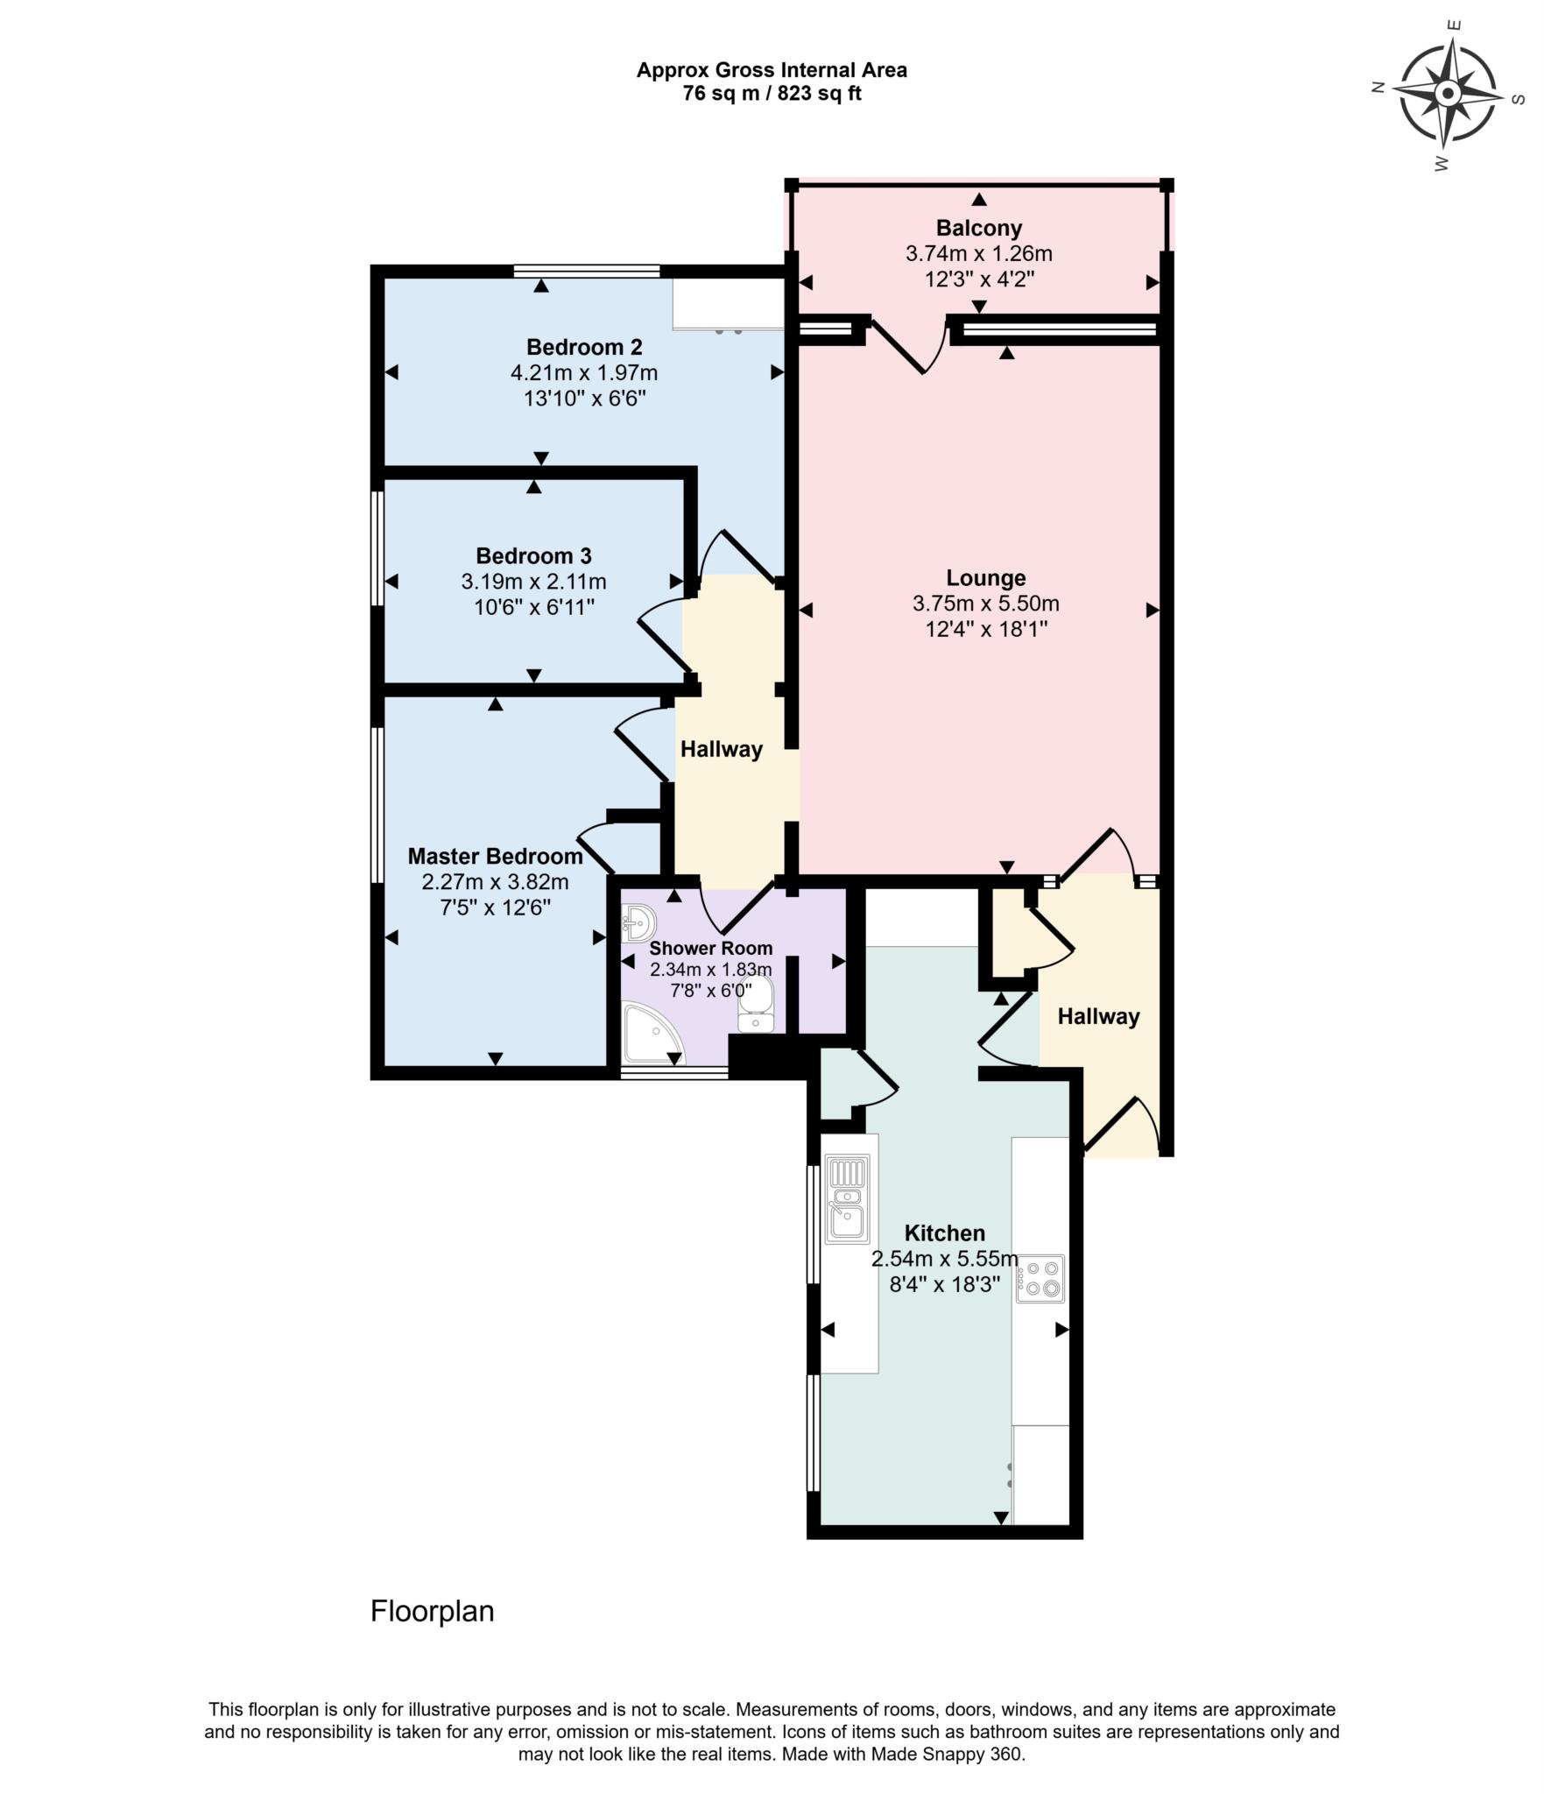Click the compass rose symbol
pos(1448,94)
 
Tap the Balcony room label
pos(978,229)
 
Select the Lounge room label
pos(985,578)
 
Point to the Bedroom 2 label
pos(584,347)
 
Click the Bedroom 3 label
pos(533,556)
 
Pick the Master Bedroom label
pos(495,856)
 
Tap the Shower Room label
pos(710,948)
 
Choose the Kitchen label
pos(944,1233)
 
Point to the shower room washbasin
pos(638,922)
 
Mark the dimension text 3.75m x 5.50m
pos(985,604)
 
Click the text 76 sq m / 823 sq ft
pos(772,94)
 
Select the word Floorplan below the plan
pos(432,1612)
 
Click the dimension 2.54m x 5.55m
pos(944,1260)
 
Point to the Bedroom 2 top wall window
pos(586,271)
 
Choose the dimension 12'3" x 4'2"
pos(978,279)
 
